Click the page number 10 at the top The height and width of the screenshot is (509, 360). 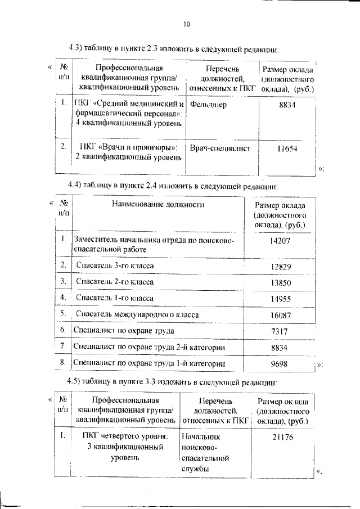tap(187, 24)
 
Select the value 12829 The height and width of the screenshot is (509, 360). tap(280, 265)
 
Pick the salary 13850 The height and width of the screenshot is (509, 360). tap(280, 281)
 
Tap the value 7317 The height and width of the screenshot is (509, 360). tap(280, 331)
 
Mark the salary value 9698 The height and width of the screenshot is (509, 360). tap(280, 364)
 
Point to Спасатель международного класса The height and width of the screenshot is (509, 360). tap(137, 314)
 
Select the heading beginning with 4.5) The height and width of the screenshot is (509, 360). tap(172, 382)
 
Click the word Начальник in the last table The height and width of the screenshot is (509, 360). tap(201, 436)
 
